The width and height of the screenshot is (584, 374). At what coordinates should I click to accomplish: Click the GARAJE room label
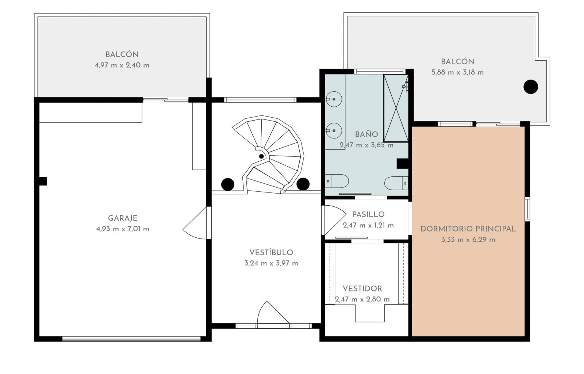point(123,218)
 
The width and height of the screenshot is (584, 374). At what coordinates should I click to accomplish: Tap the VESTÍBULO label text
point(271,252)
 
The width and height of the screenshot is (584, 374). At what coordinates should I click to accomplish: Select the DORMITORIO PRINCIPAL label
point(468,229)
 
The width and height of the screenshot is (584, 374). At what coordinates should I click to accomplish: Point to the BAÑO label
point(366,134)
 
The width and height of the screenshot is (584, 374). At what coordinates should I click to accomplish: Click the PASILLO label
point(368,214)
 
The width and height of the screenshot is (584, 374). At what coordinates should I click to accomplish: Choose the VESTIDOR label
point(362,289)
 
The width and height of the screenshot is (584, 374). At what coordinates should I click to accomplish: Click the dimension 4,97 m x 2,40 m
point(122,65)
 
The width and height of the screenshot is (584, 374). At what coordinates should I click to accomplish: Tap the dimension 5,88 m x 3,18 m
point(458,72)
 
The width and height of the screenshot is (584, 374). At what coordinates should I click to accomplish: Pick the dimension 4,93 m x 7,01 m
point(123,229)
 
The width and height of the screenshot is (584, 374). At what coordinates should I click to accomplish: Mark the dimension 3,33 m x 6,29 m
point(468,240)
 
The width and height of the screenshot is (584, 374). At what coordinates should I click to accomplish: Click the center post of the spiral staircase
point(261,156)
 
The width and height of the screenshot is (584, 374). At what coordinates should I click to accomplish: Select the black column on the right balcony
point(531,87)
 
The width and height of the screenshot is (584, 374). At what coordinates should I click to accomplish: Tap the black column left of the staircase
point(228,184)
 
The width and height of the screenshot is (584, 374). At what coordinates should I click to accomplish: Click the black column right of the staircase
point(303,184)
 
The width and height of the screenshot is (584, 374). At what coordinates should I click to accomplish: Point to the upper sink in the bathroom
point(334,99)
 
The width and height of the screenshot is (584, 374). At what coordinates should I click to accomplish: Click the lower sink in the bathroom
point(334,130)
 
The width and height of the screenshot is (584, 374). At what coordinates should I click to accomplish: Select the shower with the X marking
point(396,108)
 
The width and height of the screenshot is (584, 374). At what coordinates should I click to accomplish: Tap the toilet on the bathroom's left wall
point(337,181)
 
